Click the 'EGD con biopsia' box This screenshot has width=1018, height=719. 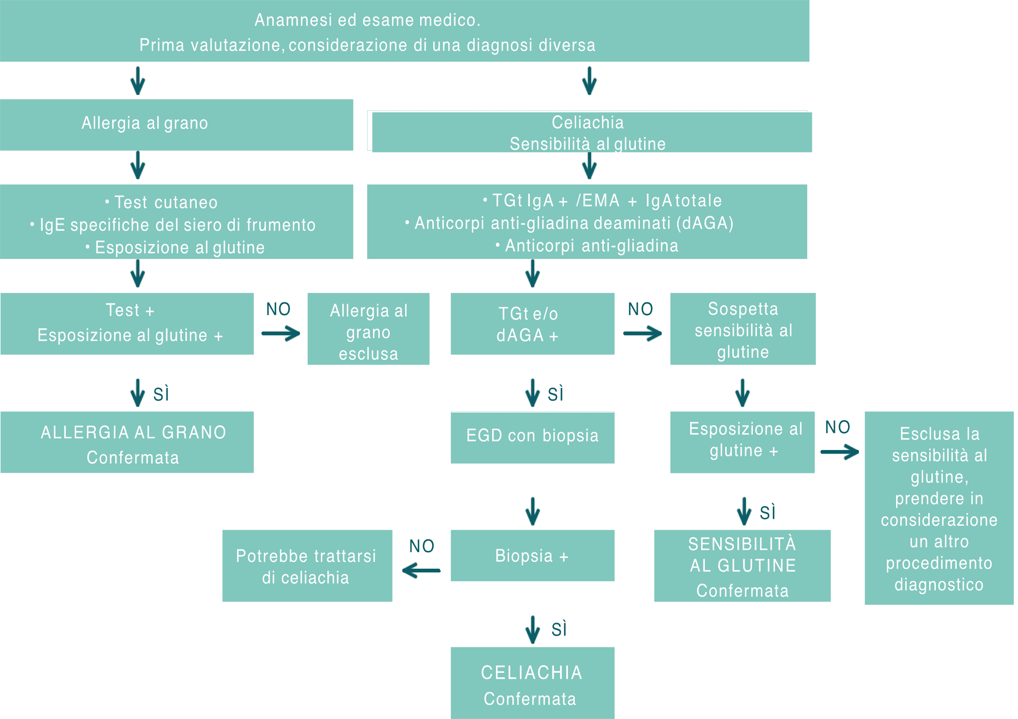[x=533, y=437]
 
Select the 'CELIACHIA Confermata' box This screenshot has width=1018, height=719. [x=533, y=683]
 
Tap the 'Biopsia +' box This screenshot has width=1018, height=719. [x=533, y=556]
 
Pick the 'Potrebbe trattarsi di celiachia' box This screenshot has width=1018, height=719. [x=307, y=566]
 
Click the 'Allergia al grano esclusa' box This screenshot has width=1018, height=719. [x=368, y=329]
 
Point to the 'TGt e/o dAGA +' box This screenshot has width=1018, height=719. [x=533, y=324]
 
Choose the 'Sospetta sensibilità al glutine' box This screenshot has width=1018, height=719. [x=743, y=329]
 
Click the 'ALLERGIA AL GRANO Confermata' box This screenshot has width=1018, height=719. [x=127, y=442]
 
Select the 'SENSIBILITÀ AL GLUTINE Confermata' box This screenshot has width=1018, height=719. [x=742, y=566]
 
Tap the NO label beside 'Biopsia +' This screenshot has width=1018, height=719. [x=422, y=546]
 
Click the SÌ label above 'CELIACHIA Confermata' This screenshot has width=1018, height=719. [x=559, y=629]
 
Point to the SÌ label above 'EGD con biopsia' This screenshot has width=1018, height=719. [x=555, y=394]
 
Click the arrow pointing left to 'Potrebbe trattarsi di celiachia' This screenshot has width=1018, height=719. [x=421, y=570]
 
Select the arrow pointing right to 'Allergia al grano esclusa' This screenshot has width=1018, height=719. [x=281, y=334]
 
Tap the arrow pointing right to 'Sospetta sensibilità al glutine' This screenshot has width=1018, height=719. [x=642, y=334]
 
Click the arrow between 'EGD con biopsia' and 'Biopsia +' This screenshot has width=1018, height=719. [x=533, y=511]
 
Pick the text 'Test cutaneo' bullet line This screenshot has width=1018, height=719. [x=165, y=202]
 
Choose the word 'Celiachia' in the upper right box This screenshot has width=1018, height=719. [x=587, y=122]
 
